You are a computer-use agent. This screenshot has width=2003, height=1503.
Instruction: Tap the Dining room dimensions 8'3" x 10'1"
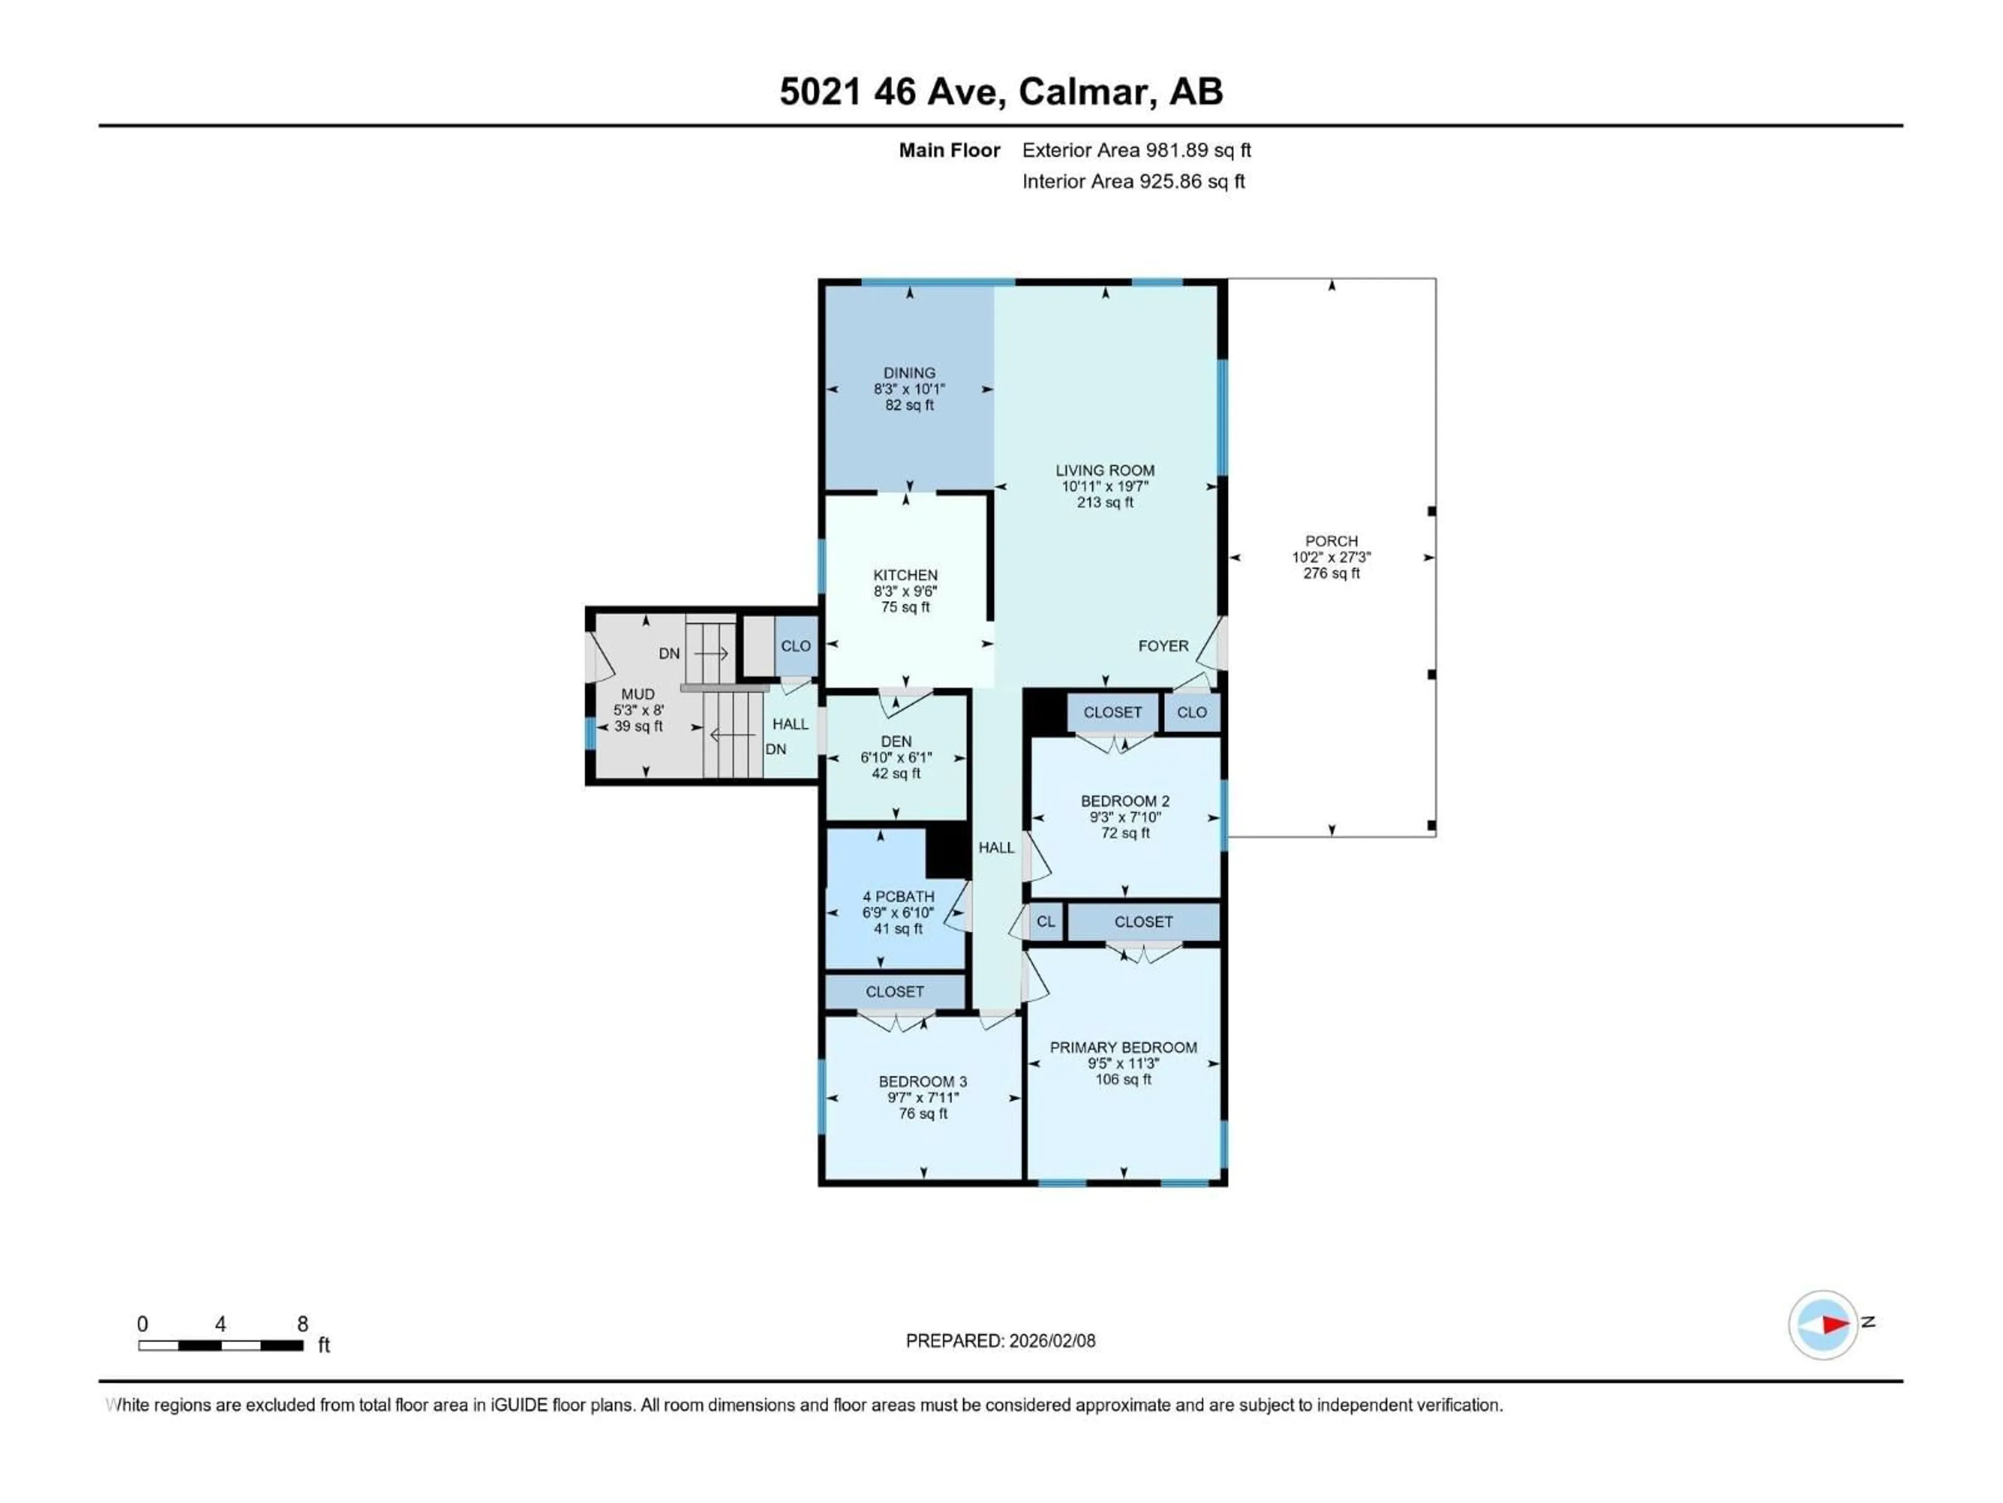click(909, 389)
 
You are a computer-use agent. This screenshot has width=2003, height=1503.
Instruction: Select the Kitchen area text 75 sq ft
click(906, 607)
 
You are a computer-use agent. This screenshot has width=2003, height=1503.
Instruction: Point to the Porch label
click(1331, 541)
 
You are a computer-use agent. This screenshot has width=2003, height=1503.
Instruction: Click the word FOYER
click(1163, 646)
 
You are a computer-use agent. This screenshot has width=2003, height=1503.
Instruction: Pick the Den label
click(896, 741)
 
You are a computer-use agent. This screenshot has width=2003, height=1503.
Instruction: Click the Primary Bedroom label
click(1123, 1047)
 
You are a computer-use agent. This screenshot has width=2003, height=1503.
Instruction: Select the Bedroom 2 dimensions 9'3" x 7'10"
click(1125, 817)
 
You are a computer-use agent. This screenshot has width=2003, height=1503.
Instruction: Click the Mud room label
click(637, 694)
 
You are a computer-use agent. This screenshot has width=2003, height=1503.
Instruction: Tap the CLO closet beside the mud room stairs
click(795, 646)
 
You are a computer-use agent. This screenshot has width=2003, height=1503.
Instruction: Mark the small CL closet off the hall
click(1046, 921)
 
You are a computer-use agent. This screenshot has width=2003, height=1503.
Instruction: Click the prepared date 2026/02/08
click(1051, 1341)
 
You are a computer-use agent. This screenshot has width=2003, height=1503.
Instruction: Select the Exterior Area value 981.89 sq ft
click(1198, 150)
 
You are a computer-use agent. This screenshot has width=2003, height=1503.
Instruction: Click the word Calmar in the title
click(1085, 91)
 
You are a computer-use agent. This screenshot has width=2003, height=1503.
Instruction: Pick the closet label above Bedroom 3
click(895, 991)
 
